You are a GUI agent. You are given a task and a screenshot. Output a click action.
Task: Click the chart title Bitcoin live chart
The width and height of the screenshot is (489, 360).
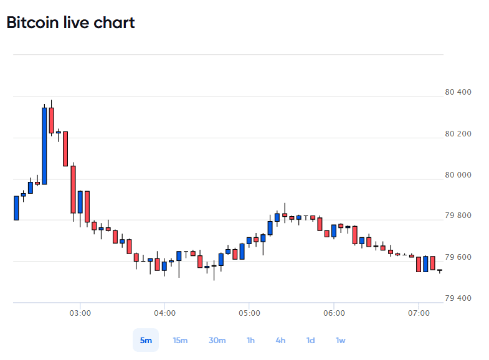click(70, 22)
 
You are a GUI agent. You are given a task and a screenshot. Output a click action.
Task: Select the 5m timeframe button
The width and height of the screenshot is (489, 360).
click(146, 340)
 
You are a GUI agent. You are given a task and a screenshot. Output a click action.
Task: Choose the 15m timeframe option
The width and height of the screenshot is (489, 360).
click(180, 340)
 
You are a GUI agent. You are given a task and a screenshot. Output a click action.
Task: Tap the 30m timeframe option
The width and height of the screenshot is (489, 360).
click(217, 340)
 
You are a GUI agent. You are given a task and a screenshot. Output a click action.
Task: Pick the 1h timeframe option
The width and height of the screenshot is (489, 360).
click(250, 340)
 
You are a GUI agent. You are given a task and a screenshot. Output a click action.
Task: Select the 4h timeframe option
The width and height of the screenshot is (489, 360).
click(280, 340)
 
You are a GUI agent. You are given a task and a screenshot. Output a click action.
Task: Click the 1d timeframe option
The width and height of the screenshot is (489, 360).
click(310, 340)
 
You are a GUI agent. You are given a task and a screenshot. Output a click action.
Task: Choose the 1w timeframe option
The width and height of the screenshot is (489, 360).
click(341, 340)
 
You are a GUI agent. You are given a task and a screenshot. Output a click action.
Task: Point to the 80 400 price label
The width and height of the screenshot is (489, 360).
click(458, 92)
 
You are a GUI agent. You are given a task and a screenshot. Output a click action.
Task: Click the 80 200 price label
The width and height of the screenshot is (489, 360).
click(458, 134)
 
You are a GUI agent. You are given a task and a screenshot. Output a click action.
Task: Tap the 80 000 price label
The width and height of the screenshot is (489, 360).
click(458, 175)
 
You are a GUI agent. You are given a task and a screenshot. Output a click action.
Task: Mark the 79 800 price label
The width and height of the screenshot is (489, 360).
click(458, 216)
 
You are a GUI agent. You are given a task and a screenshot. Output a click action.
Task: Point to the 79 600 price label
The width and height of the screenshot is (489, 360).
click(458, 257)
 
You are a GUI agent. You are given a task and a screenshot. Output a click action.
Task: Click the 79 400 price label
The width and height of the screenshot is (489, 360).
click(458, 298)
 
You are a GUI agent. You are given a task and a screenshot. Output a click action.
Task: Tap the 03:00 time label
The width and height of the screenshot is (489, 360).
click(80, 313)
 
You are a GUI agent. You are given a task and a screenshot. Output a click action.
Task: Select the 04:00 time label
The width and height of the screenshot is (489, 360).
click(164, 313)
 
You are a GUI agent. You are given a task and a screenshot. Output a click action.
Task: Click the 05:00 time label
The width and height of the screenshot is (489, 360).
click(250, 313)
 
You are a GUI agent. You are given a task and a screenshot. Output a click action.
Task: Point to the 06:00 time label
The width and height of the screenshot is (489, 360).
click(334, 313)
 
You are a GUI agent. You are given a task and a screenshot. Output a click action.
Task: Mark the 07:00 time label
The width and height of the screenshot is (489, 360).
click(419, 313)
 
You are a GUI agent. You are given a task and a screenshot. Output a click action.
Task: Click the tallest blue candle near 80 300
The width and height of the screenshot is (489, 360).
click(44, 146)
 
